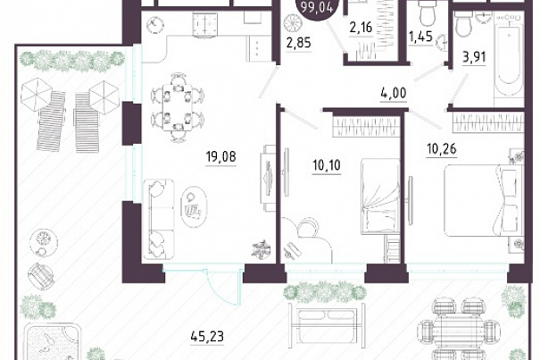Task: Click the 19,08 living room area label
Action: pyautogui.click(x=220, y=156)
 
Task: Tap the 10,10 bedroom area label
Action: pyautogui.click(x=326, y=165)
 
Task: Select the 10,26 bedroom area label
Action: pyautogui.click(x=441, y=149)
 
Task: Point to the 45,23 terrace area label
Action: pyautogui.click(x=207, y=336)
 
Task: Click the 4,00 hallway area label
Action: pyautogui.click(x=394, y=93)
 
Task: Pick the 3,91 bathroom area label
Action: pyautogui.click(x=474, y=57)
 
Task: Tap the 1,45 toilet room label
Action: pyautogui.click(x=420, y=36)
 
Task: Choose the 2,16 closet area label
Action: pyautogui.click(x=361, y=27)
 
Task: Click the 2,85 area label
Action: pyautogui.click(x=299, y=43)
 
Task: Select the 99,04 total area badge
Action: pyautogui.click(x=317, y=8)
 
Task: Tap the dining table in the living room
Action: pyautogui.click(x=178, y=107)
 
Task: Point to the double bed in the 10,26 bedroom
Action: pyautogui.click(x=484, y=200)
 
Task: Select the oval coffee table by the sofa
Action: pyautogui.click(x=194, y=207)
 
